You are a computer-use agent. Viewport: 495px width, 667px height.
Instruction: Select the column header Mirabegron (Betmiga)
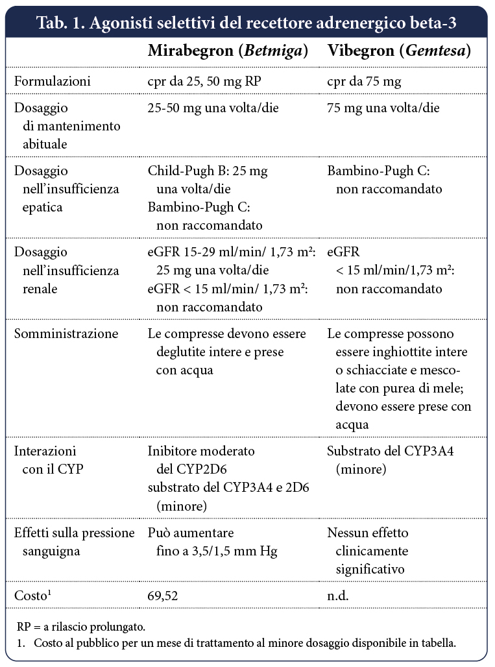pos(228,51)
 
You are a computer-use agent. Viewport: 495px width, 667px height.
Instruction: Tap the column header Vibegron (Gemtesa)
pos(399,51)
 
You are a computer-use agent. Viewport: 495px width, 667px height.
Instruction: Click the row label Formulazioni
pos(53,82)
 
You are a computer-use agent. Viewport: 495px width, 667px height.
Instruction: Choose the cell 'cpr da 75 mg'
pos(364,82)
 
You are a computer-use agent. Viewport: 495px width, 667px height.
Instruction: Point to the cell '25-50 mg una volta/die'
pos(213,108)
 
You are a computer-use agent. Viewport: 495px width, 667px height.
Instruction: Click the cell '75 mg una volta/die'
pos(383,108)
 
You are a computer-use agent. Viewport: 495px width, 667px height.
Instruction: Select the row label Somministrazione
pos(66,334)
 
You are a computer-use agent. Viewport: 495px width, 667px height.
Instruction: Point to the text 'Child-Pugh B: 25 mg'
pos(208,171)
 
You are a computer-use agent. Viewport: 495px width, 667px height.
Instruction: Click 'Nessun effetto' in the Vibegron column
pos(368,533)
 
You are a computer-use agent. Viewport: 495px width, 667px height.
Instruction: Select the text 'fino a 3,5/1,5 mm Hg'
pos(217,552)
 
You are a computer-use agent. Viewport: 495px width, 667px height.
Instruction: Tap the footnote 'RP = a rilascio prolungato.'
pos(81,627)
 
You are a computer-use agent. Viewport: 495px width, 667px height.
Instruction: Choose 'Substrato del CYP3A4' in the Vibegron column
pos(390,451)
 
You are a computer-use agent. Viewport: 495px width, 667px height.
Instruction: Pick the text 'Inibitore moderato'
pos(201,451)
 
